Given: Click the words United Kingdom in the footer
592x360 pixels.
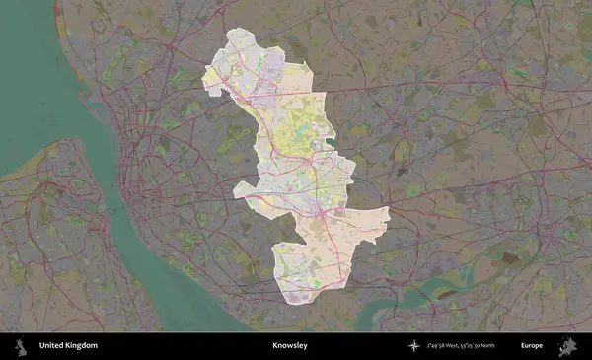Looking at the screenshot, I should click(x=68, y=346).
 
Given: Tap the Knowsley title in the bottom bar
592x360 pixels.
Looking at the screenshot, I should click(x=289, y=346).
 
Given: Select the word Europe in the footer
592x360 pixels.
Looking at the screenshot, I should click(x=532, y=346).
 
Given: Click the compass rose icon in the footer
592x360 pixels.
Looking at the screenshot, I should click(x=415, y=346).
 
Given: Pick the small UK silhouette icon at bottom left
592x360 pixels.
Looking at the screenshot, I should click(x=19, y=346).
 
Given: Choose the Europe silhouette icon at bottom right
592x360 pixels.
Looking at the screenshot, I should click(x=566, y=346).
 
